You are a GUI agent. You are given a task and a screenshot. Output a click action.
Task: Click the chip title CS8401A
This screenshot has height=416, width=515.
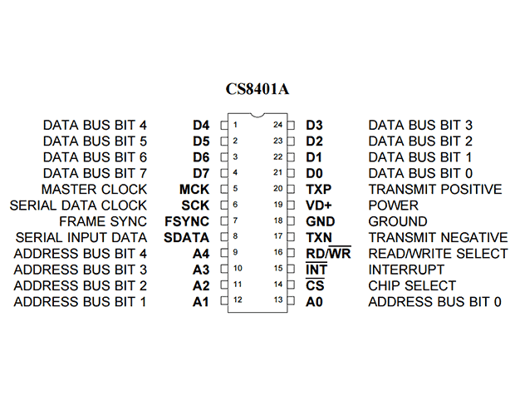click(257, 89)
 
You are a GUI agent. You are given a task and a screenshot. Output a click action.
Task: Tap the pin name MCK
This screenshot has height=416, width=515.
click(194, 190)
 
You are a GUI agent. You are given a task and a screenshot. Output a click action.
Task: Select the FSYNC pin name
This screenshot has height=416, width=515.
click(187, 221)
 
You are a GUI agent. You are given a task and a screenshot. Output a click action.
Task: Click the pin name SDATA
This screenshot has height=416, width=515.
click(186, 237)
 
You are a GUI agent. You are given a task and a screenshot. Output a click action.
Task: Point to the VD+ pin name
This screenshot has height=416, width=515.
click(319, 206)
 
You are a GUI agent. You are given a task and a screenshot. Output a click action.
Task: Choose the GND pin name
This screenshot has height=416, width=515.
click(321, 221)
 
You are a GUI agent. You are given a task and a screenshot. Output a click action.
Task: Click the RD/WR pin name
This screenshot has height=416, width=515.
click(328, 253)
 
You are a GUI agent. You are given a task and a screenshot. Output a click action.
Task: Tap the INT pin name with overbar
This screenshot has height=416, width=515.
click(316, 269)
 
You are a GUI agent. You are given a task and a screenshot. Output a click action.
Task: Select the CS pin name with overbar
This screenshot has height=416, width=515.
click(315, 285)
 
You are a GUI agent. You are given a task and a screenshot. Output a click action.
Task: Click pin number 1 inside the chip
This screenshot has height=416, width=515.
click(235, 125)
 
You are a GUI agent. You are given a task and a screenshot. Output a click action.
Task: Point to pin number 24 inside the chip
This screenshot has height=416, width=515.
click(278, 125)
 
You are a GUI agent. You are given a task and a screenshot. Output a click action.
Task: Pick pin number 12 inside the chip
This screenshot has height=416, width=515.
click(238, 300)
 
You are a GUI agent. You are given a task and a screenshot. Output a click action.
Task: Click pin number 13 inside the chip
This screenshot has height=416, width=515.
click(278, 300)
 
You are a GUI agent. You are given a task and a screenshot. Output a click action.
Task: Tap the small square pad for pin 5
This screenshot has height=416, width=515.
click(224, 189)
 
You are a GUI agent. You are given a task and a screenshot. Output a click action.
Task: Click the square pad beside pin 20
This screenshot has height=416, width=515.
click(291, 189)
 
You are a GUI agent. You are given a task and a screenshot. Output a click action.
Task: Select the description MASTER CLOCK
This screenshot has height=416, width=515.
click(94, 190)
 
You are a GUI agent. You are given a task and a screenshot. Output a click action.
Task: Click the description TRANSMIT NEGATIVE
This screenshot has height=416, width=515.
click(438, 237)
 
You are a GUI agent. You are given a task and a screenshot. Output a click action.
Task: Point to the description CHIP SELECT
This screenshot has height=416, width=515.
click(412, 285)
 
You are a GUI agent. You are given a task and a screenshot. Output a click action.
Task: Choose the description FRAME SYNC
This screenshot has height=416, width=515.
click(103, 221)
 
